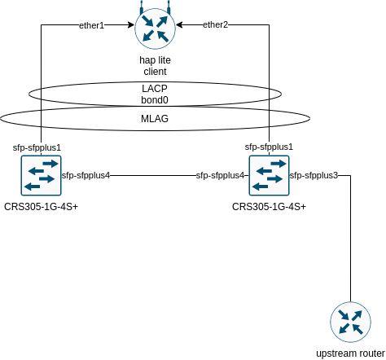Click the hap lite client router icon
(155, 29)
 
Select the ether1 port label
(91, 25)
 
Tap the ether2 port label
(215, 24)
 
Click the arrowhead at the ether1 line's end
(132, 25)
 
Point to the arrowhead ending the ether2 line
(179, 25)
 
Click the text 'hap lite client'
(155, 66)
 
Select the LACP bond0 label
(155, 94)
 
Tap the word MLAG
(155, 119)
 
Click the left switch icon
(41, 175)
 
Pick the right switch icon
(269, 175)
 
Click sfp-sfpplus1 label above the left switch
(37, 147)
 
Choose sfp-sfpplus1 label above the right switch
(269, 147)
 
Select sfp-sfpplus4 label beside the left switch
(86, 175)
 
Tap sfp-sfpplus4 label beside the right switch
(220, 175)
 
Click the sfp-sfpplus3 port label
(314, 175)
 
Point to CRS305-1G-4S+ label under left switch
(41, 207)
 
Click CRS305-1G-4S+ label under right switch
(269, 207)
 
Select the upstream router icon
(350, 322)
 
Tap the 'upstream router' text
(350, 353)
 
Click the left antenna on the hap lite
(142, 8)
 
